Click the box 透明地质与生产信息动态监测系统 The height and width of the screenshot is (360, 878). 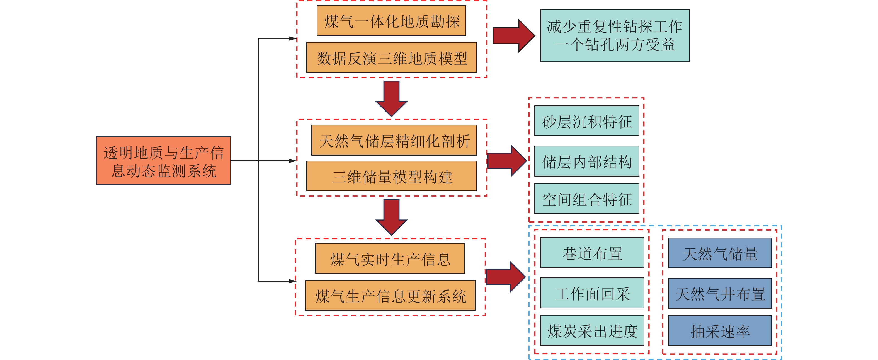(163, 161)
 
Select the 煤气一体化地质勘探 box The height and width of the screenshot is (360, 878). (391, 21)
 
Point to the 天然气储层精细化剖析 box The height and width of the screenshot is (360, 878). (394, 140)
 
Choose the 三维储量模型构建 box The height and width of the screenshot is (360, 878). (392, 176)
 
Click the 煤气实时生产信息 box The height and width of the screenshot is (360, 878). (390, 258)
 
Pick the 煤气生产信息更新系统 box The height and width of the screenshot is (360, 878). (390, 295)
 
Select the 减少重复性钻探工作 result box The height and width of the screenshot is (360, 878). (615, 35)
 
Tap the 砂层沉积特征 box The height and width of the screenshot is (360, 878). (586, 121)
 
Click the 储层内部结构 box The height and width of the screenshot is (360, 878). (586, 161)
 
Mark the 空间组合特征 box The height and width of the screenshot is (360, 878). (586, 199)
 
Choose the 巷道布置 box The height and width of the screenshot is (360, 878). (592, 253)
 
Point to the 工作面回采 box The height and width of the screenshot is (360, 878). (592, 293)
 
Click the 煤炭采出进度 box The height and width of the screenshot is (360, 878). (592, 331)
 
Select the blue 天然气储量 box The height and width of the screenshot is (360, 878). (720, 253)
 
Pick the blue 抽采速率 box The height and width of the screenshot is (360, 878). (720, 331)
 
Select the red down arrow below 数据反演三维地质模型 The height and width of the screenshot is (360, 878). (391, 98)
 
